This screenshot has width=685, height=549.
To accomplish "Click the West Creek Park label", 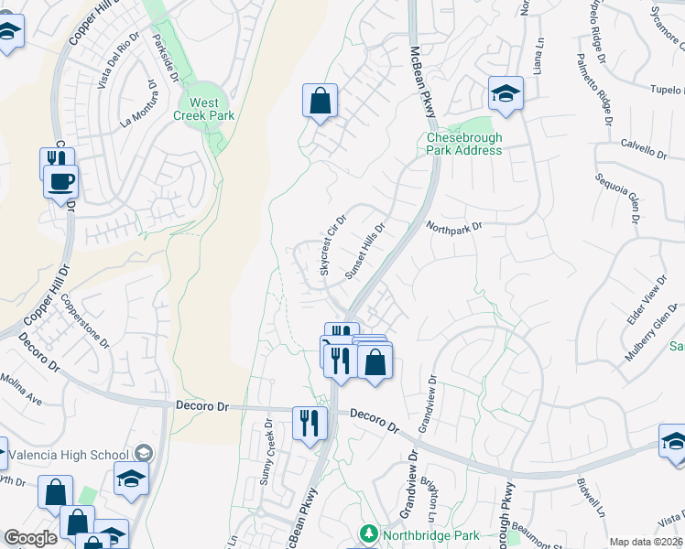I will [204, 109].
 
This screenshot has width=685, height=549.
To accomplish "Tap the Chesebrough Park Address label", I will [464, 144].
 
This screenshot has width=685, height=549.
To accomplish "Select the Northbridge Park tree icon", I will [368, 532].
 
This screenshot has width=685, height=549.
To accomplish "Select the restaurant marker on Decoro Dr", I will [310, 423].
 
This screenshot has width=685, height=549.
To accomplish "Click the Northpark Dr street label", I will [453, 225].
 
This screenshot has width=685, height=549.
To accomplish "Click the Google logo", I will [30, 538].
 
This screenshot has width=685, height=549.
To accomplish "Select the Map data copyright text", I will [647, 542].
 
